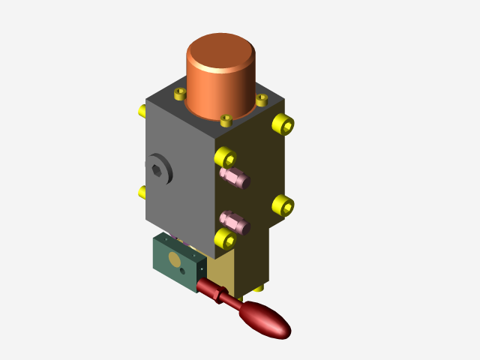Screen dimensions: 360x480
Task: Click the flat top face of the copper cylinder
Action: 220,51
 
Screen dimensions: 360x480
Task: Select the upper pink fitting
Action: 235,177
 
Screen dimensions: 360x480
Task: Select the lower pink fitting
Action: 235,222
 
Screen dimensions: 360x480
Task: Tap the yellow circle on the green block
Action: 175,259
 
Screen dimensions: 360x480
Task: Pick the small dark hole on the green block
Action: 182,271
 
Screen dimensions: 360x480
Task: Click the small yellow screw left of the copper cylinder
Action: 179,94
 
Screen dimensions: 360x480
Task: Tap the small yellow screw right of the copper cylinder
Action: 262,99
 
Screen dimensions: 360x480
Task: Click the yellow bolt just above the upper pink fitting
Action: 225,157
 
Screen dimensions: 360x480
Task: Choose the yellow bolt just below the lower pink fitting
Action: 225,238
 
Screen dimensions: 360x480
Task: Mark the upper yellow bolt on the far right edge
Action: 283,124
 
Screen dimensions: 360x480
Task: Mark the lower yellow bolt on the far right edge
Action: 283,205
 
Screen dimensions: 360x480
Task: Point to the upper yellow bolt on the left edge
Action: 142,111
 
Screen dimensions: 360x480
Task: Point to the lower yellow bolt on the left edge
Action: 142,192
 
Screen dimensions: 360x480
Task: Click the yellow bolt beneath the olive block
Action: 258,287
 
